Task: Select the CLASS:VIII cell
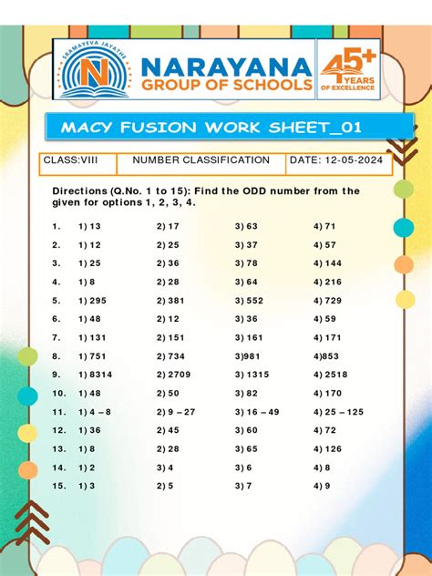(70, 161)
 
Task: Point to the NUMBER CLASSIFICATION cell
(201, 161)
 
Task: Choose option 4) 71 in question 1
(324, 226)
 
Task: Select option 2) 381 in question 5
(170, 301)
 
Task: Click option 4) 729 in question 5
(327, 301)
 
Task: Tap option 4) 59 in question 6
(324, 319)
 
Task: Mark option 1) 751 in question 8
(92, 356)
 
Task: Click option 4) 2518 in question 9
(331, 375)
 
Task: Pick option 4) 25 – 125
(338, 412)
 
